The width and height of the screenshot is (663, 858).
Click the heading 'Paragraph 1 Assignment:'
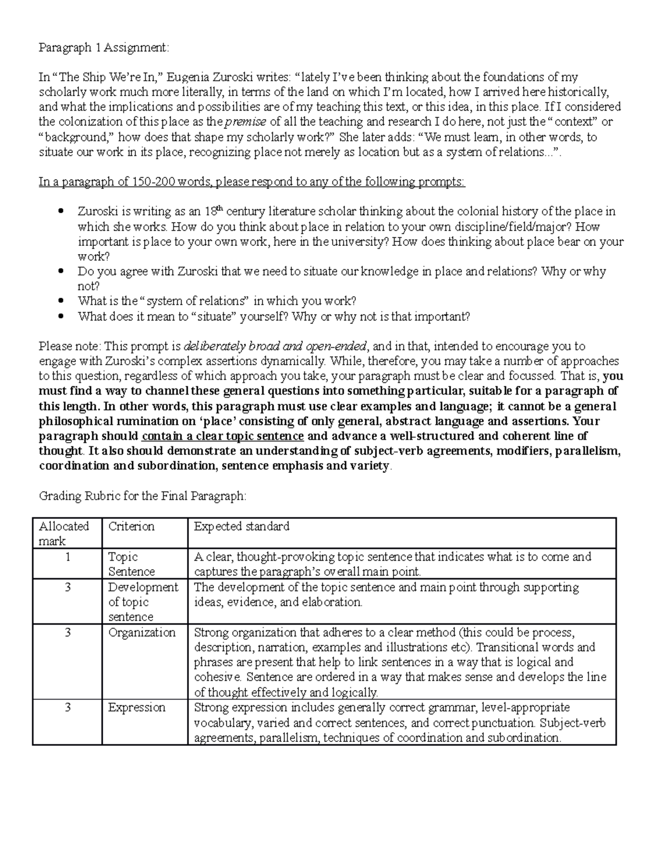click(x=102, y=48)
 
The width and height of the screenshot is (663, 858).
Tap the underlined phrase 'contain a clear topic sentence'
click(x=223, y=436)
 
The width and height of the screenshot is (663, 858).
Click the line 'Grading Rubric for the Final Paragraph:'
click(x=142, y=496)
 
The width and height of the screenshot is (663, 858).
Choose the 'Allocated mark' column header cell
click(x=64, y=533)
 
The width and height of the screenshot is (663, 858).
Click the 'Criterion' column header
click(x=131, y=527)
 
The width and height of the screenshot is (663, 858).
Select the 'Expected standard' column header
click(x=241, y=527)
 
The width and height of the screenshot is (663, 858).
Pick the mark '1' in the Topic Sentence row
click(x=67, y=557)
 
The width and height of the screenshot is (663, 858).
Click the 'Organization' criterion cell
click(x=141, y=633)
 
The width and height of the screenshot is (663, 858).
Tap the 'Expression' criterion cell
click(x=136, y=708)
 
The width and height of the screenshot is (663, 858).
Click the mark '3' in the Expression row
click(x=67, y=708)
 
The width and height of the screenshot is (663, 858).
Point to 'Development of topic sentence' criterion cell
click(x=143, y=602)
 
